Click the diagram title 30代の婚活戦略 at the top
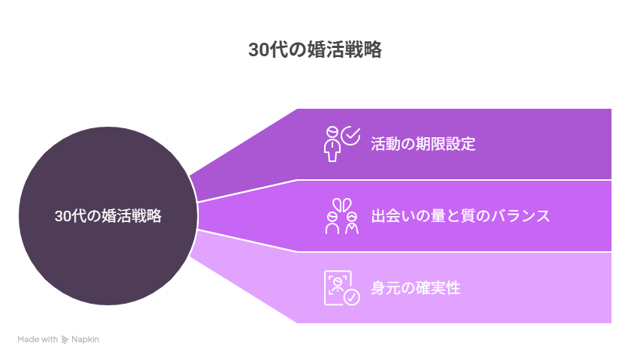point(315,50)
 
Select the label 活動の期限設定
point(423,144)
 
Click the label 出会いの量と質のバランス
point(461,216)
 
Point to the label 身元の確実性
point(416,288)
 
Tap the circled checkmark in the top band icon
point(350,136)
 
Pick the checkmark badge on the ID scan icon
point(351,297)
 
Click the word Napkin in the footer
point(86,340)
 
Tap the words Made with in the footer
point(38,340)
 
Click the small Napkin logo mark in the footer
point(65,340)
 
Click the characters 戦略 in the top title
point(368,50)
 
